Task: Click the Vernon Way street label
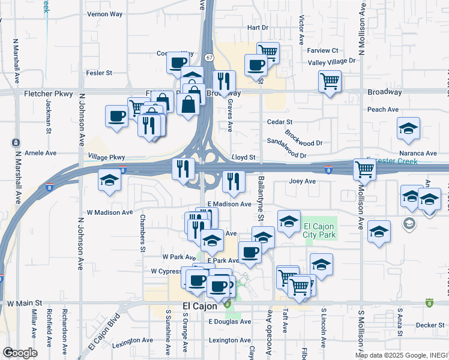coord(104,14)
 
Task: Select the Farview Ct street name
coord(324,50)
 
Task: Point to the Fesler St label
coord(100,73)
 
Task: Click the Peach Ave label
coord(383,109)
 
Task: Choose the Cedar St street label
coord(279,122)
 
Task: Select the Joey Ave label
coord(302,181)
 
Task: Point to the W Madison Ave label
coord(109,212)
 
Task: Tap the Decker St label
coord(429,325)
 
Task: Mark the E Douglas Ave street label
coord(230,322)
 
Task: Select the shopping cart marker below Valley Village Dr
coord(330,80)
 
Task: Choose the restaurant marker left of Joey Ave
coord(234,181)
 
